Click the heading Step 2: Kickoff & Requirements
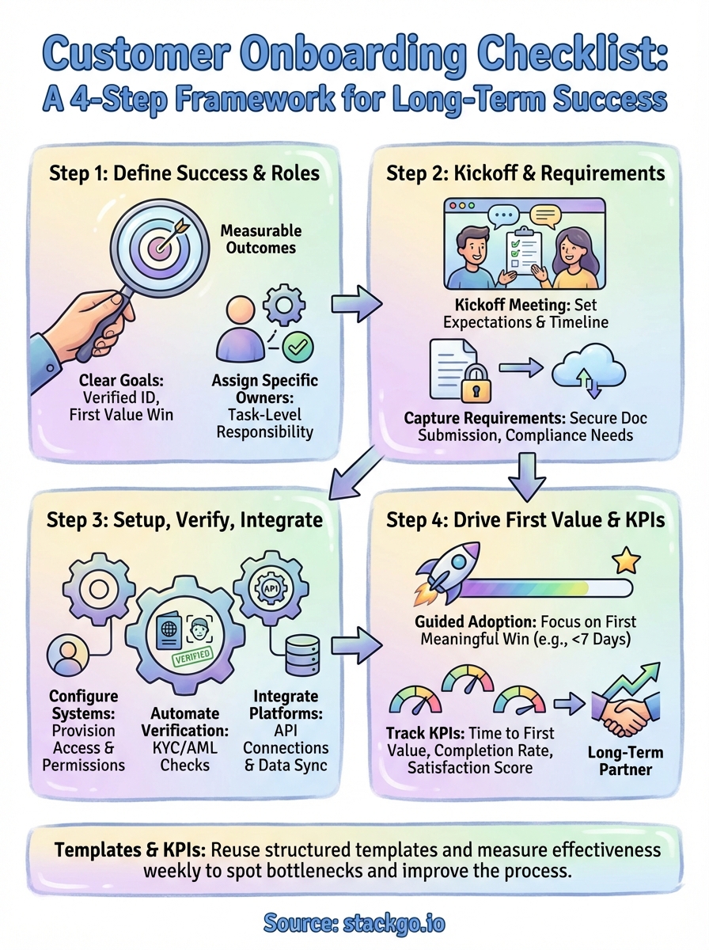click(x=525, y=173)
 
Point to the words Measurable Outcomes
click(x=261, y=240)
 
